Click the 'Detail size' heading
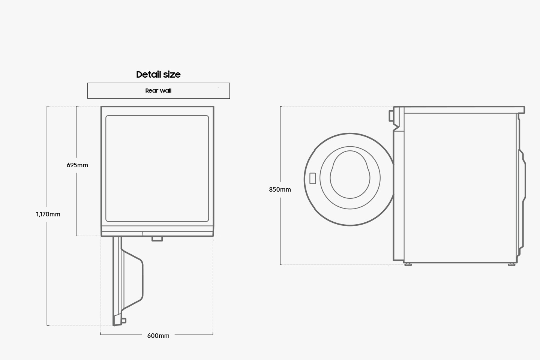(158, 75)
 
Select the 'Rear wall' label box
(158, 91)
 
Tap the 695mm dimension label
(77, 165)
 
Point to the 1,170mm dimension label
(48, 214)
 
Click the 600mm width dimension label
(158, 336)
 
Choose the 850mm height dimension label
(280, 190)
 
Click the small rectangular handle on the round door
(313, 178)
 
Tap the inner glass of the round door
(350, 175)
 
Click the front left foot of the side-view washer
(408, 264)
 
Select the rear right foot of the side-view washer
(511, 264)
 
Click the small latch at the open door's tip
(124, 321)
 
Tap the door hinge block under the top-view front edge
(157, 238)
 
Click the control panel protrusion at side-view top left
(391, 115)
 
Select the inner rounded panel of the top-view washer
(157, 168)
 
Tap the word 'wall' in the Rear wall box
(166, 91)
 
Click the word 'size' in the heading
(172, 75)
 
